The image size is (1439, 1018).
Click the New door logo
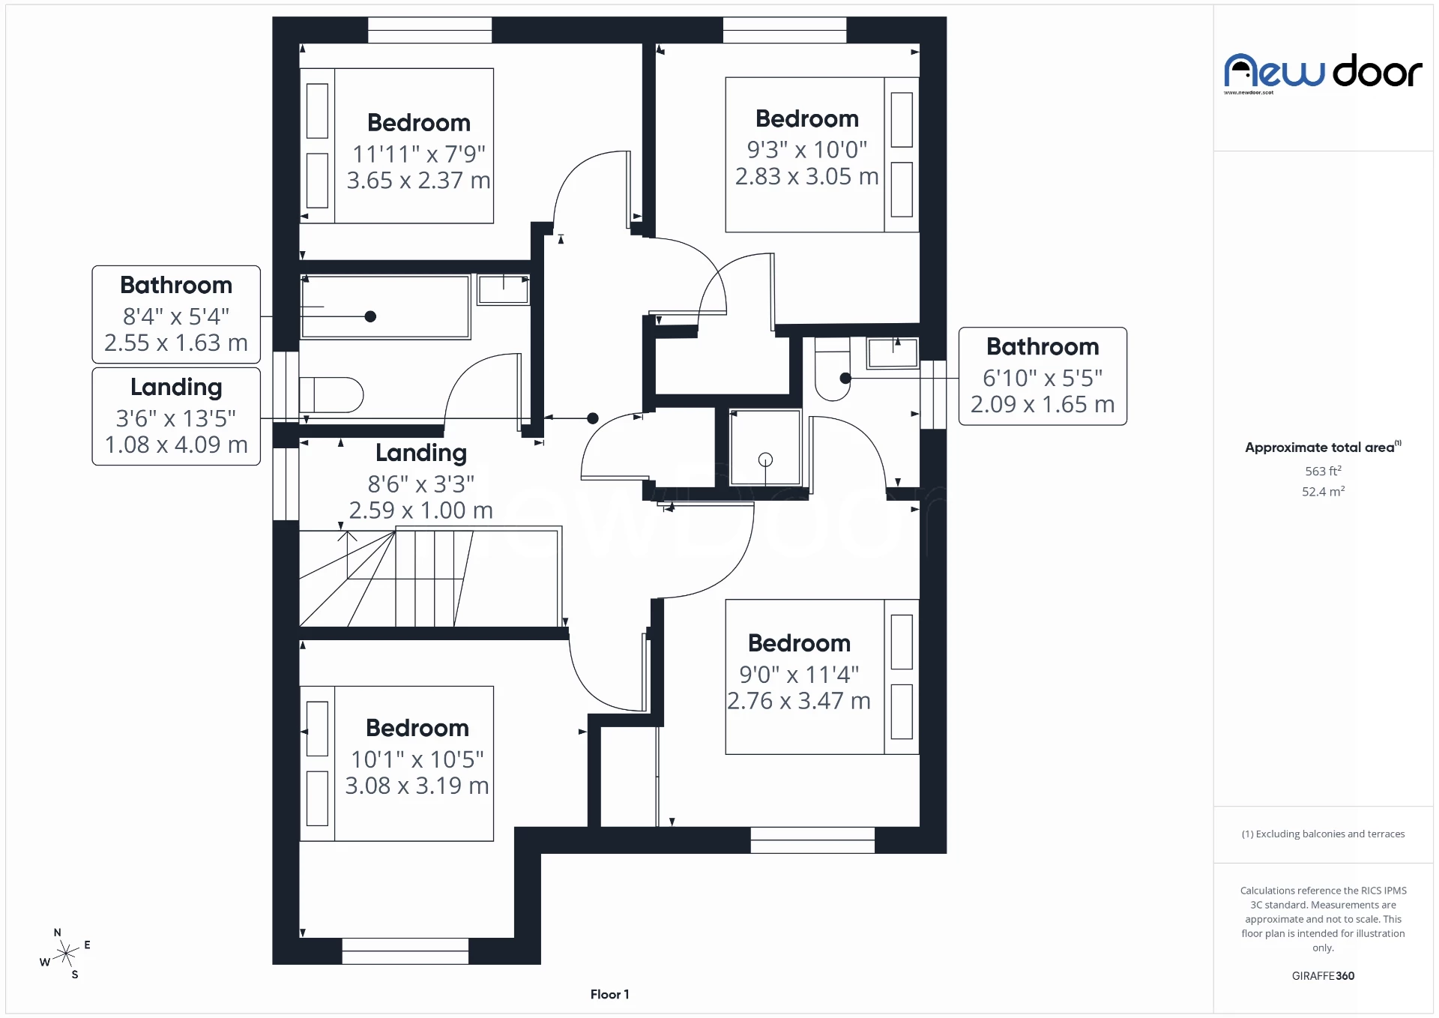(x=1323, y=73)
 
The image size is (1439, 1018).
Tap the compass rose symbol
(x=66, y=954)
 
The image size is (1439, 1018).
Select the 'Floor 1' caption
(x=609, y=994)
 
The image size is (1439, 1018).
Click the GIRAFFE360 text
(x=1323, y=975)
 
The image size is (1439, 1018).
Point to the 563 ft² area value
(x=1323, y=471)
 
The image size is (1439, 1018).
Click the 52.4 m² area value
(x=1323, y=492)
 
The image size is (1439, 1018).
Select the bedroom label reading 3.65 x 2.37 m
(x=418, y=181)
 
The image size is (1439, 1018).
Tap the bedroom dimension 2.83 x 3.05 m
(x=806, y=177)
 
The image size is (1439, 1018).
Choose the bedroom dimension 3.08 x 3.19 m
(x=417, y=786)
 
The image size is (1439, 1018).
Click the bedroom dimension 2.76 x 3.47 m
(x=799, y=701)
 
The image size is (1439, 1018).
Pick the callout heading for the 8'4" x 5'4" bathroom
(x=176, y=286)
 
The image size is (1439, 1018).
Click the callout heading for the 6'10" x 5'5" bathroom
(x=1043, y=347)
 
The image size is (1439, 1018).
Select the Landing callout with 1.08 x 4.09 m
(x=176, y=416)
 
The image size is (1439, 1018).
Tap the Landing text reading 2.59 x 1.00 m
(x=420, y=510)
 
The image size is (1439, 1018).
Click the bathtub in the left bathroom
(x=385, y=307)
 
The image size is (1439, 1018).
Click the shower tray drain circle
(x=765, y=460)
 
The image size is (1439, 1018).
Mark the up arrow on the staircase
(x=347, y=537)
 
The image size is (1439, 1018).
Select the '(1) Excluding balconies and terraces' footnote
(x=1323, y=834)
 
